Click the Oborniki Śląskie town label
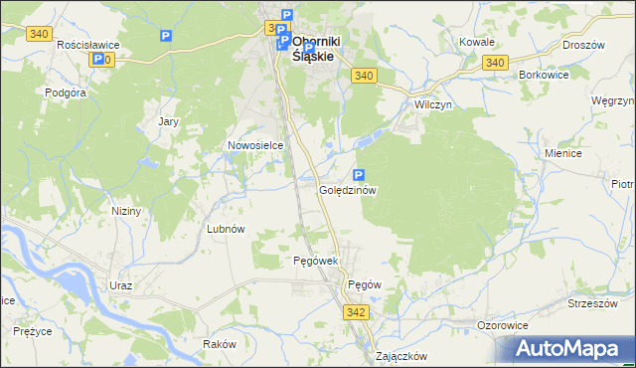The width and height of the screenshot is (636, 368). [316, 49]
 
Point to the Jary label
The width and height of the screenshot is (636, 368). [169, 121]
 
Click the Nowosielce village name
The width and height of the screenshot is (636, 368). [255, 145]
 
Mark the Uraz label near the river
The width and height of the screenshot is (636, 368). [121, 285]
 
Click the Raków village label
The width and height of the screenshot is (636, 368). [219, 343]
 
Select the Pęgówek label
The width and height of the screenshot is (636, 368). [317, 261]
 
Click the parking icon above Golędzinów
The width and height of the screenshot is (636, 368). [359, 174]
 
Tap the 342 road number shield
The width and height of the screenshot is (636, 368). [358, 312]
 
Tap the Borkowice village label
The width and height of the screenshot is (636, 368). [543, 75]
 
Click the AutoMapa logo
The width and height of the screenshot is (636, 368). [570, 348]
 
